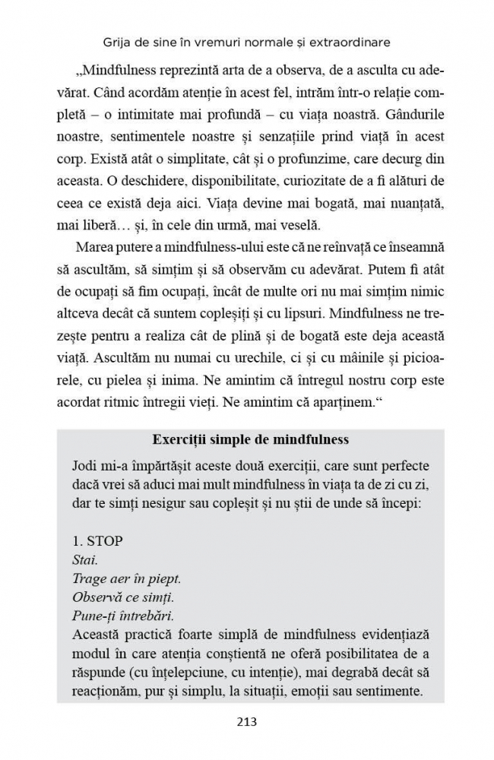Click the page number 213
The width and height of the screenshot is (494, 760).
(x=246, y=721)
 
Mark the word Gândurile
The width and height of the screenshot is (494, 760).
(x=410, y=119)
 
